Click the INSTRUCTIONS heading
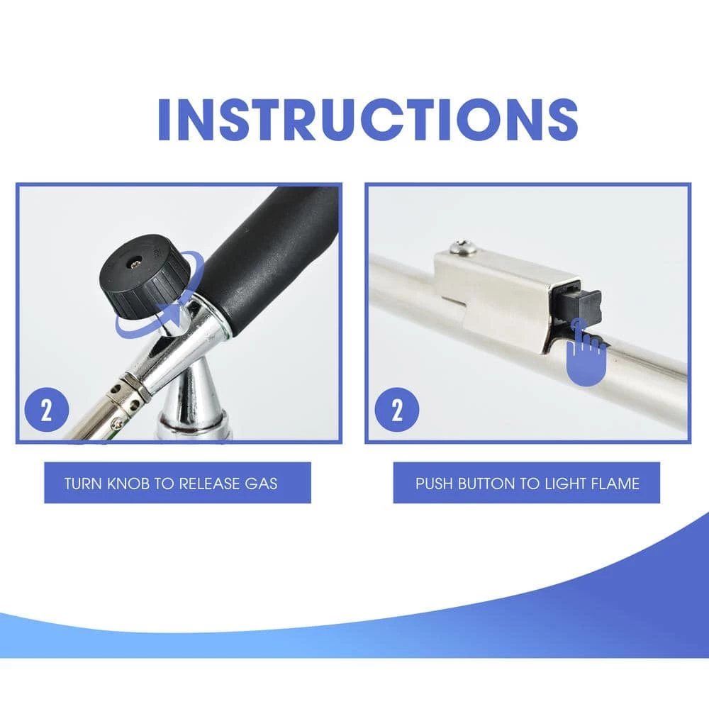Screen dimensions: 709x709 (367, 119)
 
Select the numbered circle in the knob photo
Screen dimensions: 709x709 (47, 410)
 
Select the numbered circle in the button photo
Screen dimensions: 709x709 (397, 410)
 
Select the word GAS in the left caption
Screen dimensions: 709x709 (261, 484)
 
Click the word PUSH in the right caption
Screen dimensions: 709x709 (434, 484)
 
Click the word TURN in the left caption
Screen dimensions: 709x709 (83, 484)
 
